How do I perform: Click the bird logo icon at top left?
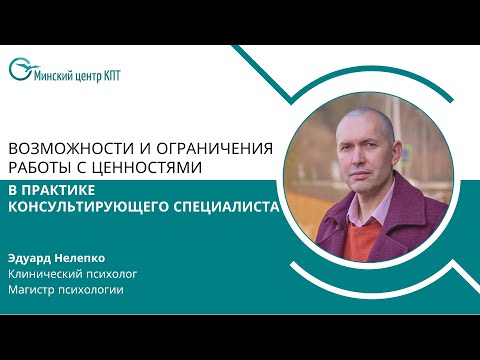(19, 70)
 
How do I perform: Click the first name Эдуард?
(31, 255)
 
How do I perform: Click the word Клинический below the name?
(46, 271)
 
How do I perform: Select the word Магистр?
(33, 290)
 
